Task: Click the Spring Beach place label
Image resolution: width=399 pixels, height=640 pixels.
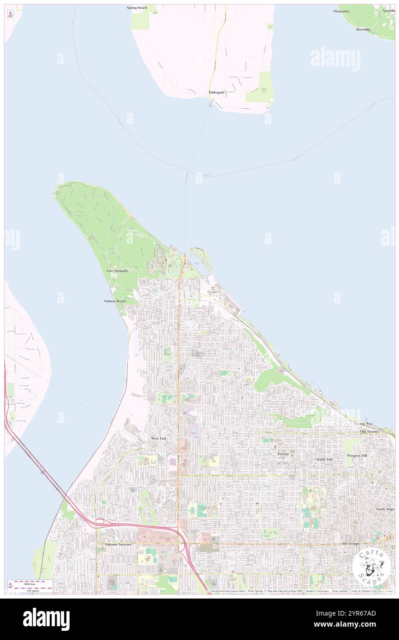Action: pyautogui.click(x=137, y=8)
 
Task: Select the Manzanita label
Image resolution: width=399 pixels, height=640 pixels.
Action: pyautogui.click(x=341, y=11)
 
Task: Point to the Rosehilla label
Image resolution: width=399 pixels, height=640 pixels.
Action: pyautogui.click(x=363, y=29)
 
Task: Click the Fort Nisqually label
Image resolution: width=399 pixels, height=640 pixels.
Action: pyautogui.click(x=117, y=271)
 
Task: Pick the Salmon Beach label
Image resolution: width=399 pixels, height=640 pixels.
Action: pyautogui.click(x=115, y=301)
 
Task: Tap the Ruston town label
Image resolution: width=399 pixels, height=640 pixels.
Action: pyautogui.click(x=212, y=292)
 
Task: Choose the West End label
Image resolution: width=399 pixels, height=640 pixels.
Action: pyautogui.click(x=158, y=438)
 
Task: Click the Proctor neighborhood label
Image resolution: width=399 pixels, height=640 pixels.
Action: pyautogui.click(x=283, y=454)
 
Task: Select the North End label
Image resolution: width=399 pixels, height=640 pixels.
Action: pyautogui.click(x=324, y=459)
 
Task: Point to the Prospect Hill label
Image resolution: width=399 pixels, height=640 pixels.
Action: pyautogui.click(x=357, y=455)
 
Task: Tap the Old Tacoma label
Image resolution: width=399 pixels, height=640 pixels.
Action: pyautogui.click(x=370, y=431)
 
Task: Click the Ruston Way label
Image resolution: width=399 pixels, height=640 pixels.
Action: pyautogui.click(x=363, y=423)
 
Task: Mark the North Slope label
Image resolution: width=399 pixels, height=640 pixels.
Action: pyautogui.click(x=385, y=509)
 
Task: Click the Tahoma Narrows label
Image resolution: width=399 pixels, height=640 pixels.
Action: pyautogui.click(x=115, y=544)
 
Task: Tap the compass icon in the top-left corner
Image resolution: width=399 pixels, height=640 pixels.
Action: pyautogui.click(x=10, y=14)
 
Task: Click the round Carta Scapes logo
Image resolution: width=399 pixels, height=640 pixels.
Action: pyautogui.click(x=371, y=566)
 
